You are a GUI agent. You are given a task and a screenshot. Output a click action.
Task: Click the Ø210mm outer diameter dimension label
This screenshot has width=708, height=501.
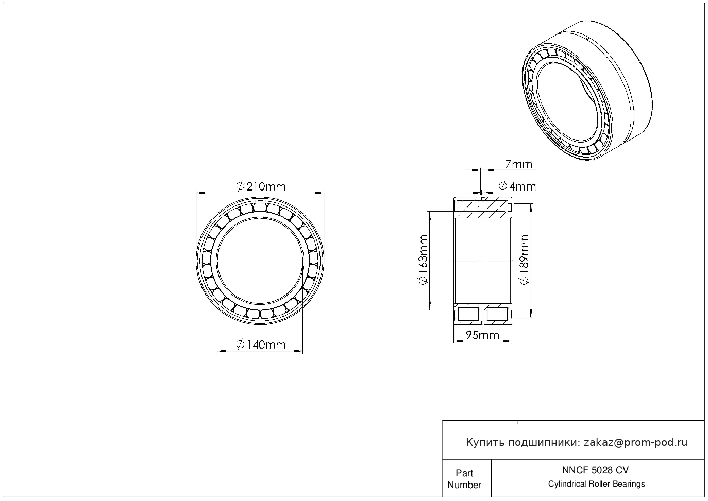[261, 187]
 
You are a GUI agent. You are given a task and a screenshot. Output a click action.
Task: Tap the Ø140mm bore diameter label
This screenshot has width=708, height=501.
[261, 344]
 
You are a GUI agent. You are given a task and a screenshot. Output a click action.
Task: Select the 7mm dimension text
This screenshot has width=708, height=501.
[519, 164]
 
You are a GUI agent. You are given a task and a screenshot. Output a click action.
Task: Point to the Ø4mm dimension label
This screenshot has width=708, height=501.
[517, 186]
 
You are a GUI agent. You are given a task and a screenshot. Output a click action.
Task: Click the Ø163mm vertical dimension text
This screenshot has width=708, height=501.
[423, 260]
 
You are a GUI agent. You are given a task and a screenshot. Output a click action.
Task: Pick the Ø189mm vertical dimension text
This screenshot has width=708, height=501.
[524, 260]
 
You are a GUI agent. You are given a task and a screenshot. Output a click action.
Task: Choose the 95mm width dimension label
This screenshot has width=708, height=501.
[482, 335]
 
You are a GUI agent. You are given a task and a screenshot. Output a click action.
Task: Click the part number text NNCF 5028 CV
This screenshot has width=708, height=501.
[596, 470]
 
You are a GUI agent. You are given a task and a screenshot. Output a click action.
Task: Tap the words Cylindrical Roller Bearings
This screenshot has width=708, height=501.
[596, 484]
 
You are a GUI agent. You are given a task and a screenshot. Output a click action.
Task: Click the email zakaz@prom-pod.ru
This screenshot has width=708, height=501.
[636, 442]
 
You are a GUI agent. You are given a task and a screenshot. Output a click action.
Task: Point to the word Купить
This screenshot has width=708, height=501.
[485, 443]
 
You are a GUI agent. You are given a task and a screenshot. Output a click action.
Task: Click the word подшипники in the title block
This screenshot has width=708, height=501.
[543, 443]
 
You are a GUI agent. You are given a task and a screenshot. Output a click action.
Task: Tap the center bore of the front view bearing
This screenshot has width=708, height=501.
[260, 261]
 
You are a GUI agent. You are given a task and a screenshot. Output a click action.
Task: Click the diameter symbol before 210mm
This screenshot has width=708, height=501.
[240, 186]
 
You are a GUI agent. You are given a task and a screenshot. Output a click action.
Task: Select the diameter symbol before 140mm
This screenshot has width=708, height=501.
[240, 344]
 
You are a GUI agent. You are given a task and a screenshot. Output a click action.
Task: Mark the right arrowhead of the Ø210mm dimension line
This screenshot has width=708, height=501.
[319, 193]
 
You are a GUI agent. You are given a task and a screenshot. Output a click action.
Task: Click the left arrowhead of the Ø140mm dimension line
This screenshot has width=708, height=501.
[222, 351]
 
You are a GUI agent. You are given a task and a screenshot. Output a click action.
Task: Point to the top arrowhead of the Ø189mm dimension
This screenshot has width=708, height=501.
[531, 208]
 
